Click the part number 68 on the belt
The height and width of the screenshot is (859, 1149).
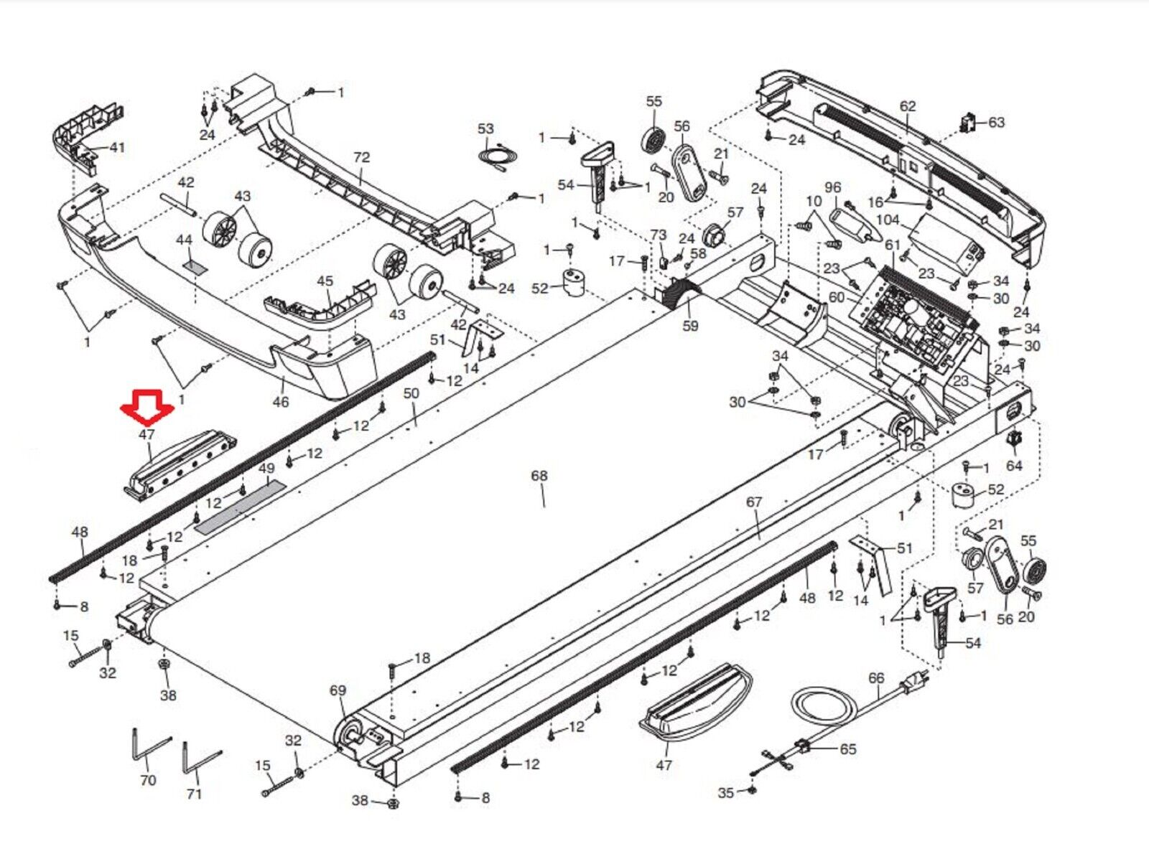tap(539, 476)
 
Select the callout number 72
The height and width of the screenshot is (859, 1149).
tap(361, 157)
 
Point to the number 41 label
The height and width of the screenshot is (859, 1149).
tap(116, 147)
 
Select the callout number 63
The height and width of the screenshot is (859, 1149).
tap(996, 122)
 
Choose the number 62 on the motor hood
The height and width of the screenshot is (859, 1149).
tap(908, 106)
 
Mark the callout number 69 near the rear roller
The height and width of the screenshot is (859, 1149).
tap(338, 690)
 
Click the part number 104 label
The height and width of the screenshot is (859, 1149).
tap(888, 220)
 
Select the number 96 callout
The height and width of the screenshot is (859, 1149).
tap(832, 187)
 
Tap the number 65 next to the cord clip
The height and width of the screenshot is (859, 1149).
tap(848, 748)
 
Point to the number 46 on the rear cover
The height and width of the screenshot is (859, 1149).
tap(281, 402)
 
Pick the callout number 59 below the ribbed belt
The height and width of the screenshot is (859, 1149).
tap(690, 325)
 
